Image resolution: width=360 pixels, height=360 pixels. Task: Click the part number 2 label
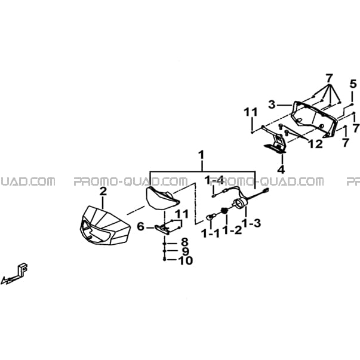pyautogui.click(x=103, y=191)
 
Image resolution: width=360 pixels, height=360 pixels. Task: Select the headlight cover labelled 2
pyautogui.click(x=105, y=226)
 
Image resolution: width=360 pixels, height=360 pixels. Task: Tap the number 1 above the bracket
pyautogui.click(x=201, y=155)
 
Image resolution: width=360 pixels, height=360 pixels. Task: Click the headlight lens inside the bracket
pyautogui.click(x=162, y=198)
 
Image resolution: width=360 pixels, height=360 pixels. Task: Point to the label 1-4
pyautogui.click(x=214, y=180)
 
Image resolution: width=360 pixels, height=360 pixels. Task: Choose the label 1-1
pyautogui.click(x=210, y=233)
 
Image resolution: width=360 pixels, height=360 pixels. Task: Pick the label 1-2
pyautogui.click(x=232, y=230)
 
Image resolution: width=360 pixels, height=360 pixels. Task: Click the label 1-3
pyautogui.click(x=251, y=223)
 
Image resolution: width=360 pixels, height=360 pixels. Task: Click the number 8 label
pyautogui.click(x=184, y=242)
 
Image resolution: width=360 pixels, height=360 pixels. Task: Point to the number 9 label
pyautogui.click(x=185, y=251)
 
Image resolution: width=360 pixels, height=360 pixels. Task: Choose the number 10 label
pyautogui.click(x=186, y=260)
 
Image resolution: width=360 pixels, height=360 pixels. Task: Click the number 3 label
pyautogui.click(x=272, y=104)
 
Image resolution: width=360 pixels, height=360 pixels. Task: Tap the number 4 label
pyautogui.click(x=281, y=170)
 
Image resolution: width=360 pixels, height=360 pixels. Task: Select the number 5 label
pyautogui.click(x=353, y=84)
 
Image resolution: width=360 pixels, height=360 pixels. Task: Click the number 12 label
pyautogui.click(x=315, y=144)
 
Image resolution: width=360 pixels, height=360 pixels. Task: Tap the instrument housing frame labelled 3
pyautogui.click(x=314, y=119)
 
